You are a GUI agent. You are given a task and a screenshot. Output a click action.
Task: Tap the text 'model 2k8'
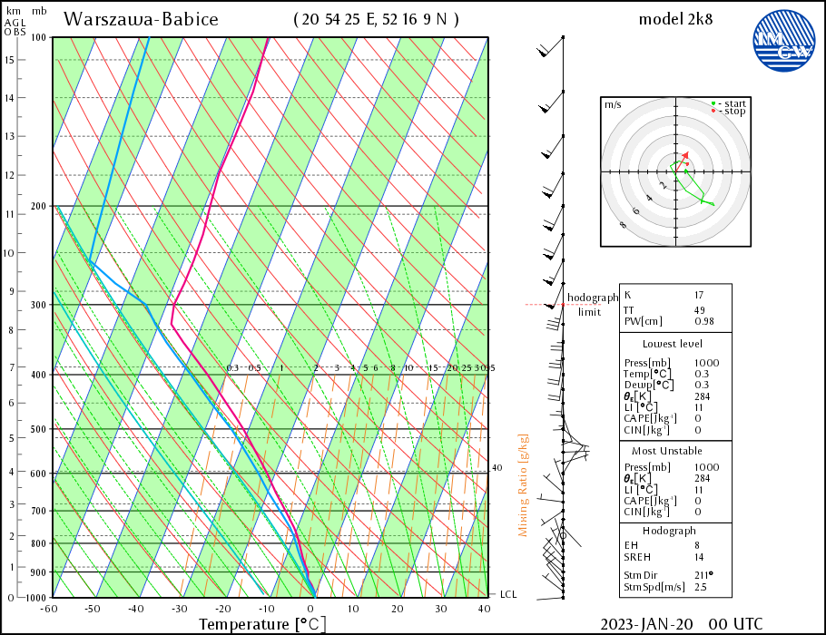[x=675, y=19]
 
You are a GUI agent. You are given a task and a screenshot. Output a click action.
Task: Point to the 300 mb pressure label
[x=38, y=305]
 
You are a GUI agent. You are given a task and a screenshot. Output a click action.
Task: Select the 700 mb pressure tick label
[x=38, y=511]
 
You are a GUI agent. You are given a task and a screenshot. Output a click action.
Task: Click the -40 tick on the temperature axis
[x=135, y=609]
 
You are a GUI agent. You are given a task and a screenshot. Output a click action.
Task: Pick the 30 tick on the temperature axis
[x=440, y=609]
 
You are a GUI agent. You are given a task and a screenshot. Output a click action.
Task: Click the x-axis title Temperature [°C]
[x=261, y=624]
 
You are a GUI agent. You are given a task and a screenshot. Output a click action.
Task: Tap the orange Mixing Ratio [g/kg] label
[x=524, y=485]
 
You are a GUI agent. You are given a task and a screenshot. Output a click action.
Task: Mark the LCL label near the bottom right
[x=509, y=594]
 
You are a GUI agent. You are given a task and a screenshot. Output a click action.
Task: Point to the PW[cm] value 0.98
[x=703, y=322]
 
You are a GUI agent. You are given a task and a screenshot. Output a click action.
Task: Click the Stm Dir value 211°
[x=704, y=574]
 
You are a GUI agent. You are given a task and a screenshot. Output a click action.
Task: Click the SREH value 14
[x=700, y=557]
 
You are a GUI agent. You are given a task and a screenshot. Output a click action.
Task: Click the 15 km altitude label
[x=9, y=60]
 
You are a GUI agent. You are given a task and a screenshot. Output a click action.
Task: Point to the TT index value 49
[x=700, y=310]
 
